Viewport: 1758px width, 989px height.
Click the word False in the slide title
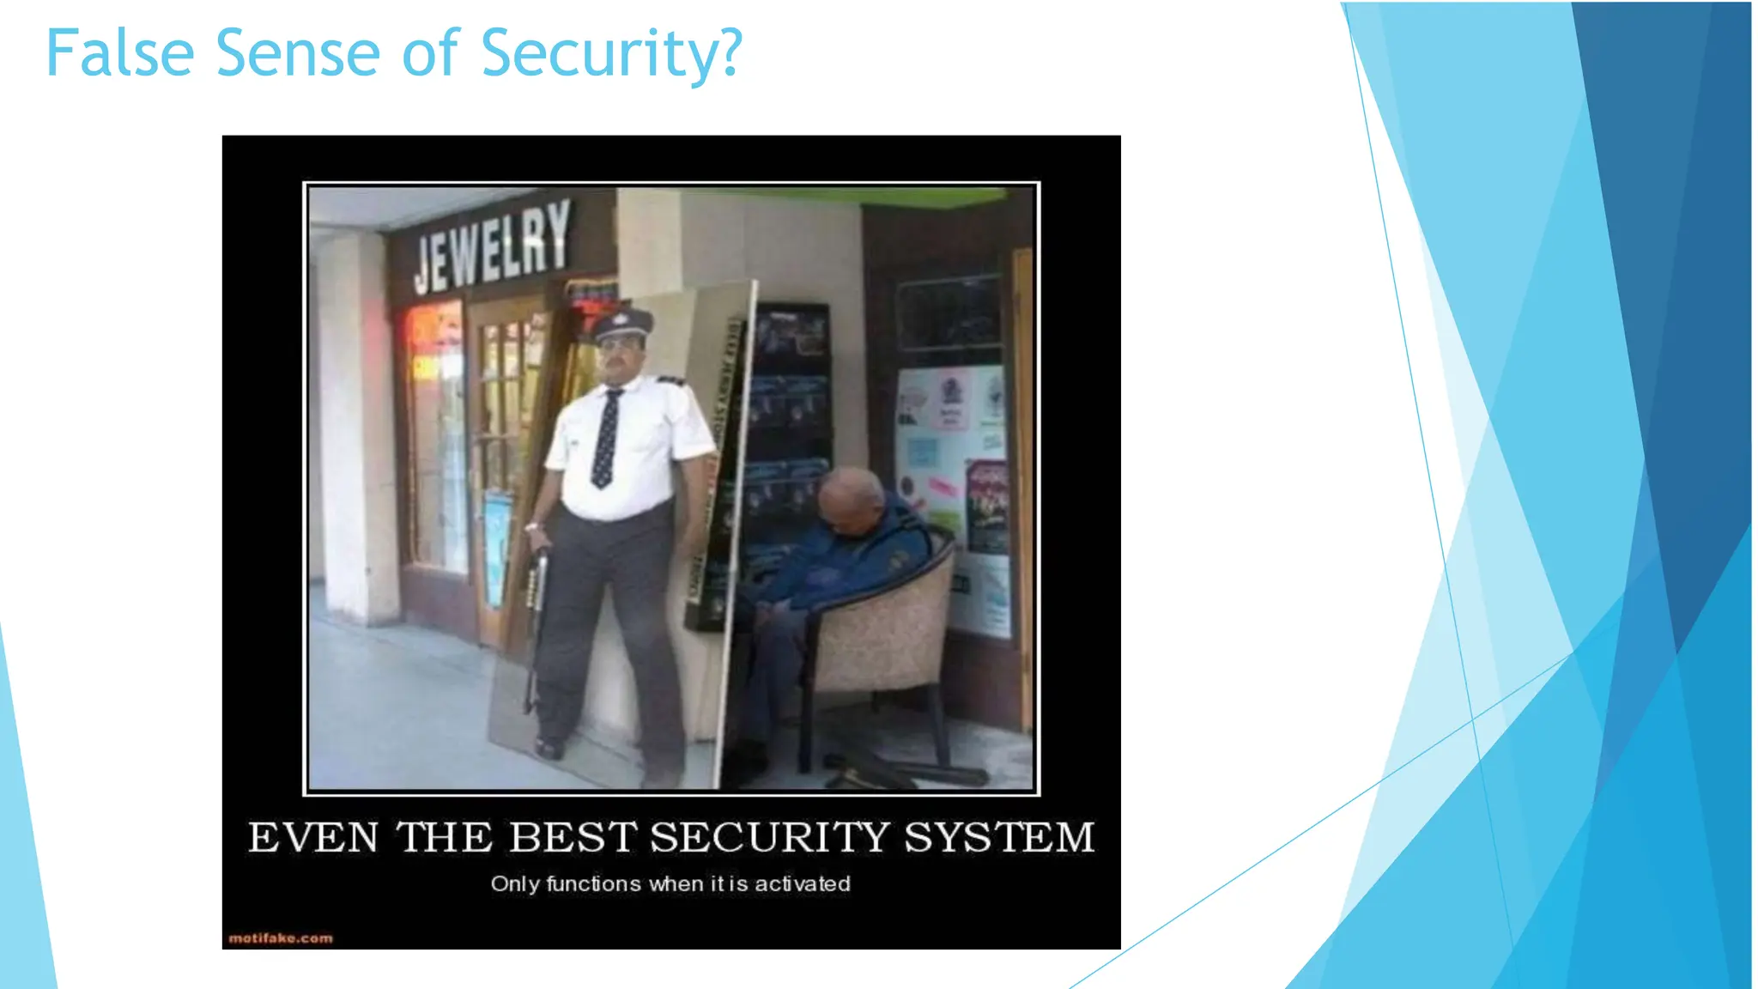120,53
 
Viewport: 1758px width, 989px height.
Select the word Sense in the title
297,53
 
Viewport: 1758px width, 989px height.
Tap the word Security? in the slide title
611,53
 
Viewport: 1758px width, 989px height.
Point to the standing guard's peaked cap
623,324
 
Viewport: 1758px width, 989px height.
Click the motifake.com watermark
281,938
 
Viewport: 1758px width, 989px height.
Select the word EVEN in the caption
313,837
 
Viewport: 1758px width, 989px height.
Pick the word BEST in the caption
573,837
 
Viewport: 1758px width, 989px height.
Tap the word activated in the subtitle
803,883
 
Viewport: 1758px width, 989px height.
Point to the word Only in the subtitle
515,883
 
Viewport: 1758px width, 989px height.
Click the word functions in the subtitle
593,883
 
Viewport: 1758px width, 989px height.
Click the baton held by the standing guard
536,618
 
